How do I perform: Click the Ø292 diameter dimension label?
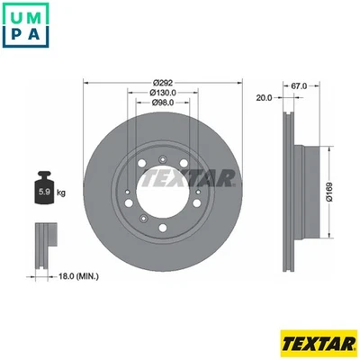click(161, 82)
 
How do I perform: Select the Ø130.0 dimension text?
click(161, 93)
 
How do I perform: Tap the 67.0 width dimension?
click(300, 86)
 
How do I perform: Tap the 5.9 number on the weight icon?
click(41, 193)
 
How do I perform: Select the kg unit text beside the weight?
click(59, 193)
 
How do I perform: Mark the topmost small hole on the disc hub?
click(161, 148)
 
